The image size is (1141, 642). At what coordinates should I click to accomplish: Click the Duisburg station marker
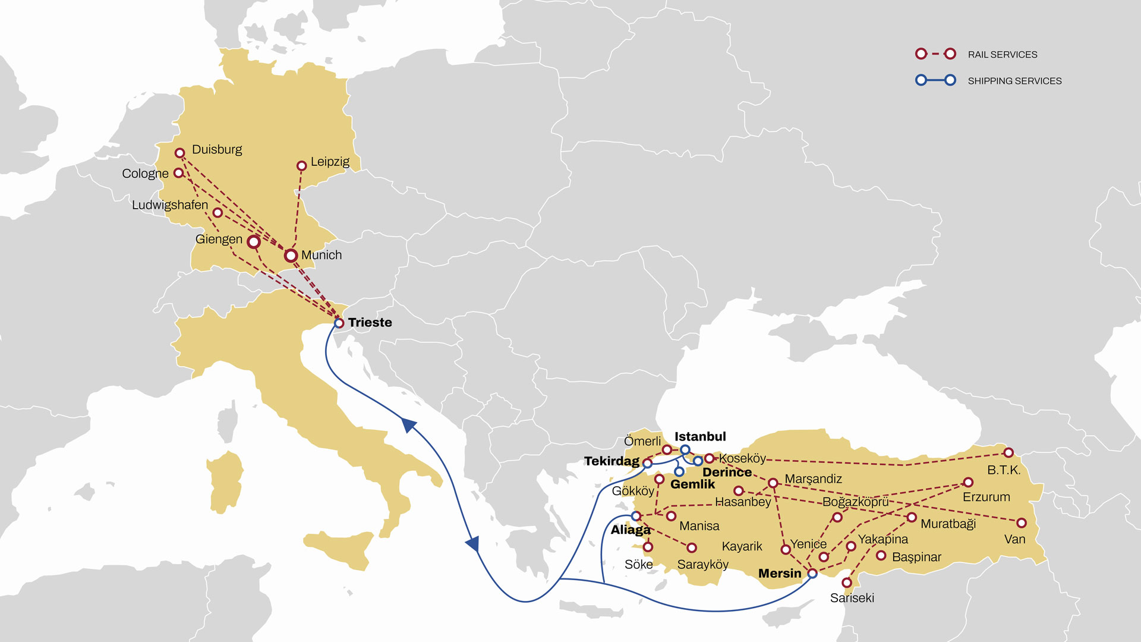point(179,153)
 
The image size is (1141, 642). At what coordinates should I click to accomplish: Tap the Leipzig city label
point(330,162)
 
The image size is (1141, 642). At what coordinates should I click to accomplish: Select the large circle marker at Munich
point(291,256)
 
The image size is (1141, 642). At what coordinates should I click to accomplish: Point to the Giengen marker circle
point(254,242)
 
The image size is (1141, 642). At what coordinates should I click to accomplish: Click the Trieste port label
point(370,322)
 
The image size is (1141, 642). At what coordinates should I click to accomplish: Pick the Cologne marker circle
point(178,173)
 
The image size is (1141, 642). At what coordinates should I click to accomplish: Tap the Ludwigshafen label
point(170,205)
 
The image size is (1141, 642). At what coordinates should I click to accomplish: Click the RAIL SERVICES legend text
point(1002,55)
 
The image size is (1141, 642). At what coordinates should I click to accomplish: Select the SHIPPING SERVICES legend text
point(1014,81)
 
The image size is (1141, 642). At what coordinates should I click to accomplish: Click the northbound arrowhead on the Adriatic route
point(409,424)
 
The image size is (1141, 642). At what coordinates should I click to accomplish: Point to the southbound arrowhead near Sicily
point(473,544)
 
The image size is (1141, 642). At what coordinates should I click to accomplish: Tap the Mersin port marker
point(812,574)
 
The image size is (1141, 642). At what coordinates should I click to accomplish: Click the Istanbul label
point(700,436)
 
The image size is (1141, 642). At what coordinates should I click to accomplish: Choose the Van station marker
point(1021,523)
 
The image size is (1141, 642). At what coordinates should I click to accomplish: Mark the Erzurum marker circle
point(968,483)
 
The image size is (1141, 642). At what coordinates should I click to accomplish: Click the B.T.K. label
point(1003,470)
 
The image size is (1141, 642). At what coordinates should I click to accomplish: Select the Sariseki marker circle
point(847,583)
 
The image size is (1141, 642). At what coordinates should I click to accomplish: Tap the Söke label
point(638,564)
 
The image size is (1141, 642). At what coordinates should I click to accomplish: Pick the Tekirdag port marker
point(647,462)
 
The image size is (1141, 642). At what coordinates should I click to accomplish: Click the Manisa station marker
point(671,516)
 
